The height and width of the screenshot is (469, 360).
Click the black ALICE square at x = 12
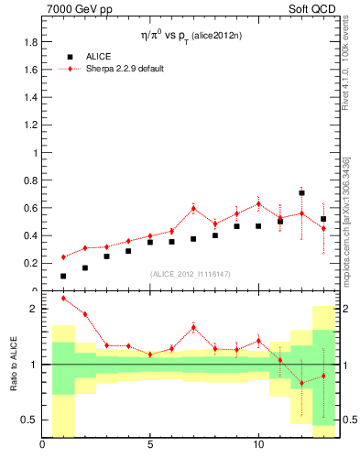301,193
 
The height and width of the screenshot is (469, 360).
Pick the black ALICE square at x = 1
63,276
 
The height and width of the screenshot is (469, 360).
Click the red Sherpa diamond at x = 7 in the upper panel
193,208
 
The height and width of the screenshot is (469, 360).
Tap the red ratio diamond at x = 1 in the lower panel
63,298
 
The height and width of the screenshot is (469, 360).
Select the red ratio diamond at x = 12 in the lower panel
301,383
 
